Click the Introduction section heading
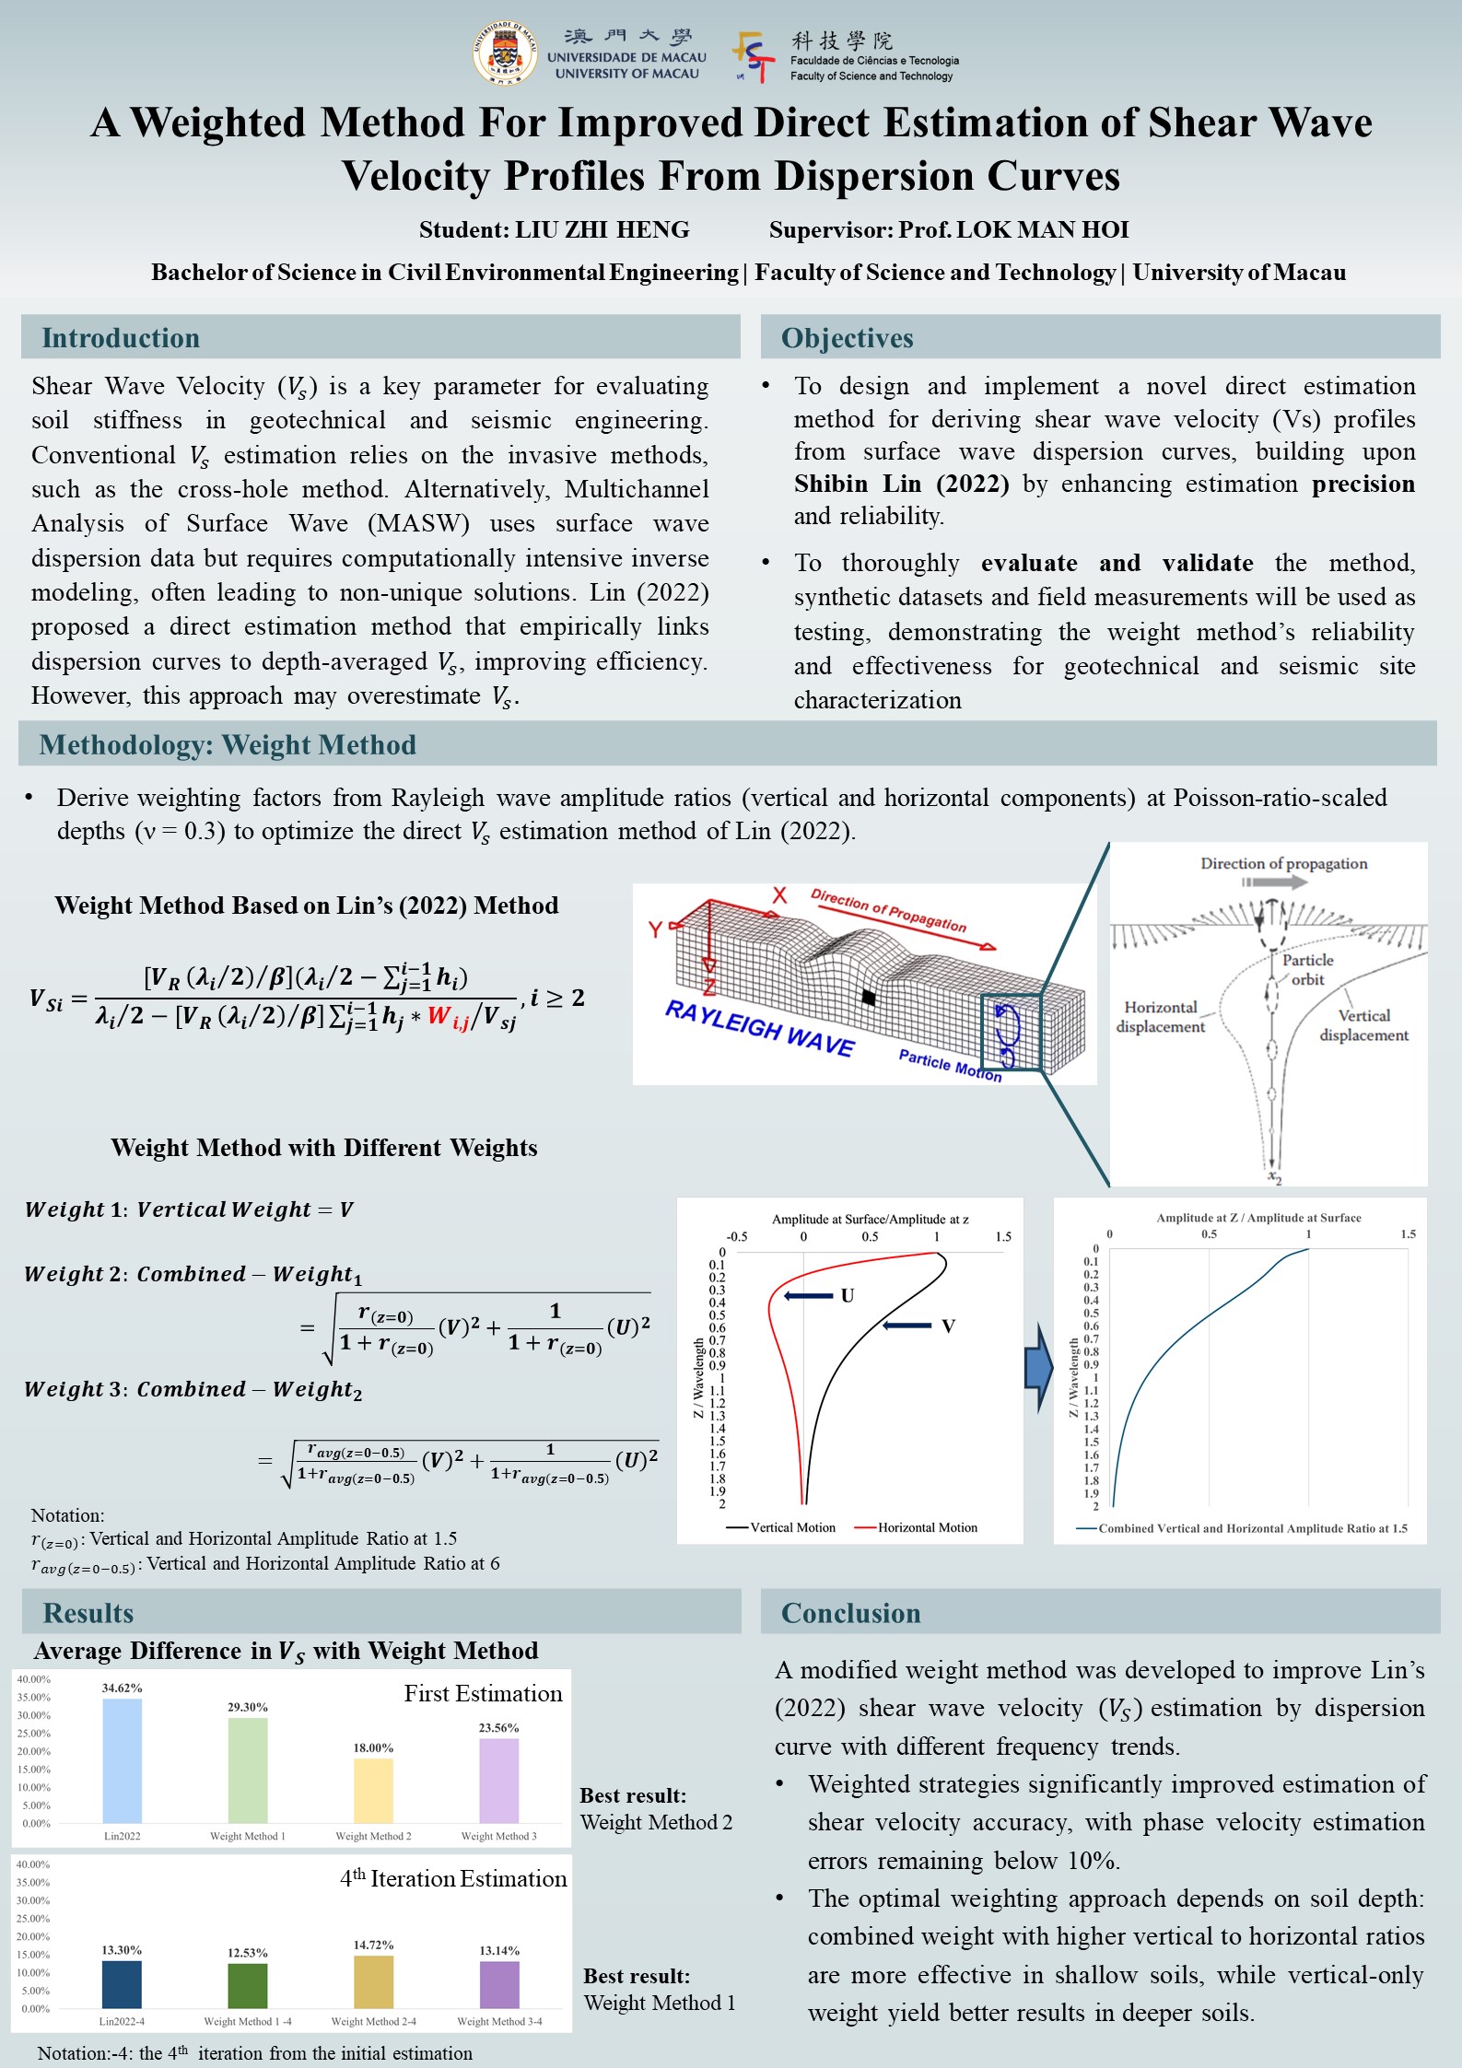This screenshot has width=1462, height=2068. [x=121, y=338]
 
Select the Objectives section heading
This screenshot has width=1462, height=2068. [x=847, y=338]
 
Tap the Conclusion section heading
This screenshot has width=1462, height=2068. [x=850, y=1613]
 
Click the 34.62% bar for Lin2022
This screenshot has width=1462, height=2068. [x=123, y=1760]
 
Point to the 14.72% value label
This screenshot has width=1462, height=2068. [x=373, y=1945]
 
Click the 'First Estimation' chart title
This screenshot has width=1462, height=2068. [x=483, y=1693]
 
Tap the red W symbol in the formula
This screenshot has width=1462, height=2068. [x=439, y=1016]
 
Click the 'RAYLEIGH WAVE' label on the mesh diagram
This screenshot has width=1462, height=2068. [x=759, y=1027]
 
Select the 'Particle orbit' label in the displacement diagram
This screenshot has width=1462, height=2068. [x=1307, y=969]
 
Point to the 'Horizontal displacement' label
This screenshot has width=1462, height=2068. [x=1160, y=1017]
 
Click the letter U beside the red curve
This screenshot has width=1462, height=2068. [x=848, y=1295]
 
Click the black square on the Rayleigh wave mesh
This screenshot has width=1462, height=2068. [x=868, y=997]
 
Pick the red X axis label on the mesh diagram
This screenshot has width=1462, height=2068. [x=779, y=894]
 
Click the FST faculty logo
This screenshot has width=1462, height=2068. [x=754, y=57]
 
